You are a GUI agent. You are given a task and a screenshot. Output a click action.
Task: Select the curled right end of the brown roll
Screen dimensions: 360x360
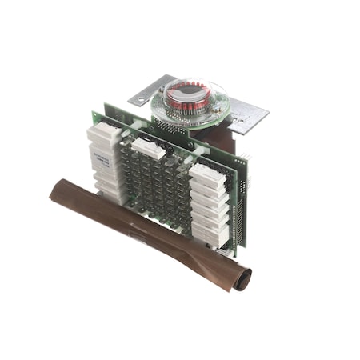(241, 278)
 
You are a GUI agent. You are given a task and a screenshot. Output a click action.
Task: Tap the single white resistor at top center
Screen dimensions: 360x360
(149, 146)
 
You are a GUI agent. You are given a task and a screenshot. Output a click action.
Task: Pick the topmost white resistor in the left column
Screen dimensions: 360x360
(103, 134)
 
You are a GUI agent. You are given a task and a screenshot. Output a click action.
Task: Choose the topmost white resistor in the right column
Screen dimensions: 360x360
(207, 175)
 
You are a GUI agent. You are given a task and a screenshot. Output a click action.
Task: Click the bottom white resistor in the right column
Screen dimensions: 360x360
(210, 234)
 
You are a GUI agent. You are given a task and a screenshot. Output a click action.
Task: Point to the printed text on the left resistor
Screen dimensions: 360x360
(101, 157)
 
